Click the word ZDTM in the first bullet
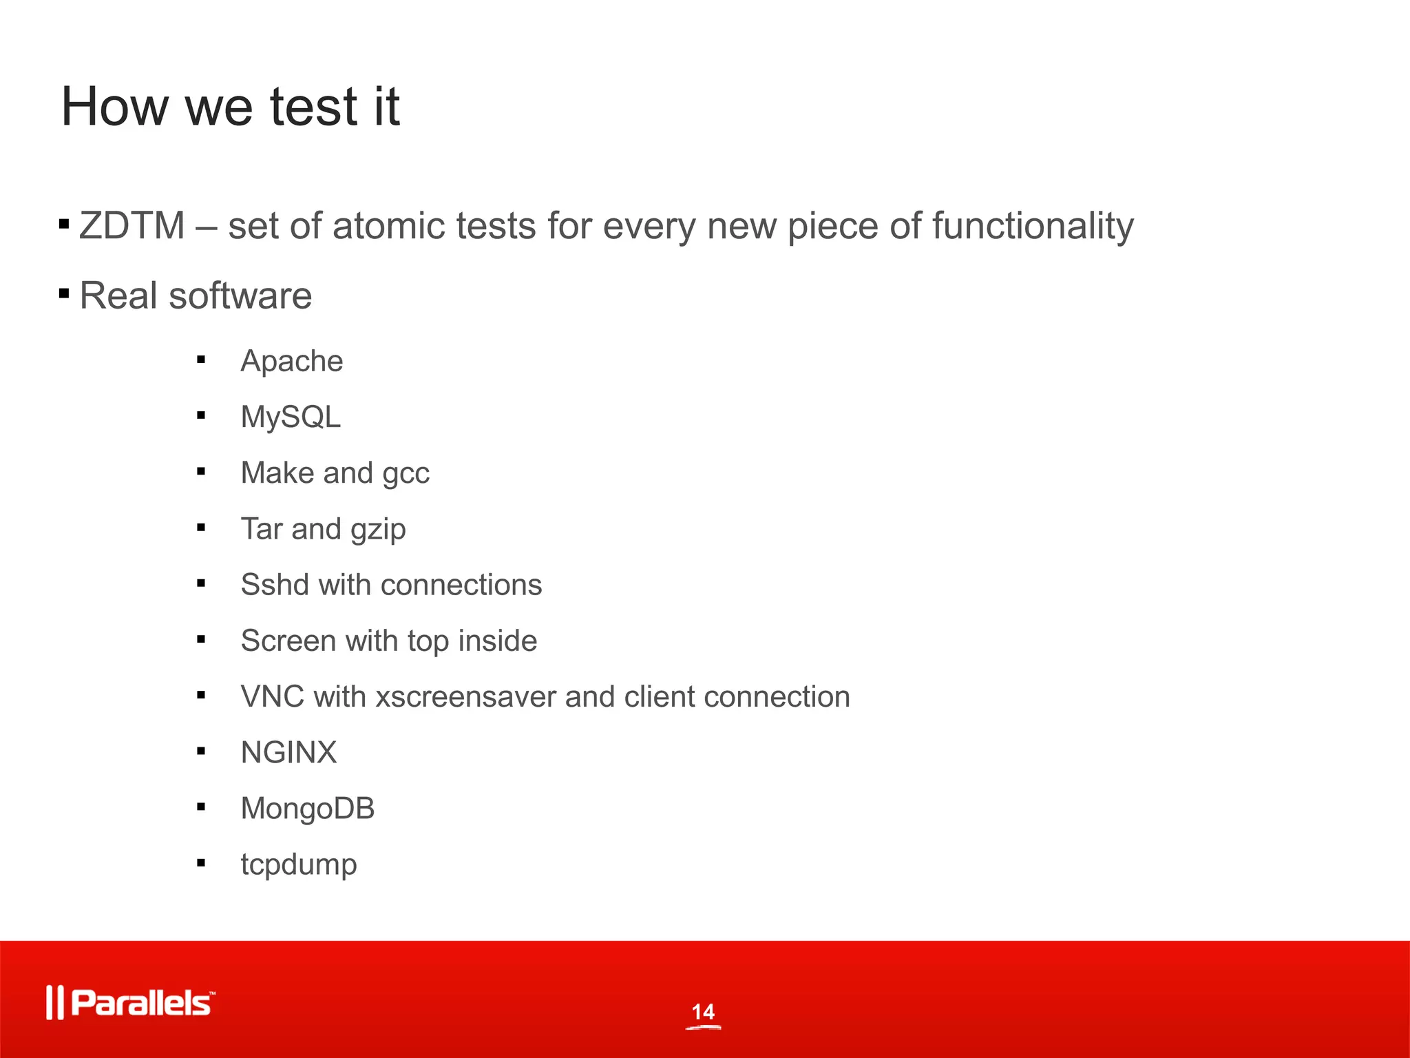[131, 226]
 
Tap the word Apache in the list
[291, 361]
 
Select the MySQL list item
[291, 417]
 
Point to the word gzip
[378, 530]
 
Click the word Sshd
[275, 585]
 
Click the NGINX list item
[288, 752]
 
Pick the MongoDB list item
[307, 808]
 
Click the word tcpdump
[299, 864]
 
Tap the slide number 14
[703, 1012]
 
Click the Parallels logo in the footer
[131, 1002]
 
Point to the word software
[240, 295]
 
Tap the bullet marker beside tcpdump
[201, 862]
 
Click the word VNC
[272, 696]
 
